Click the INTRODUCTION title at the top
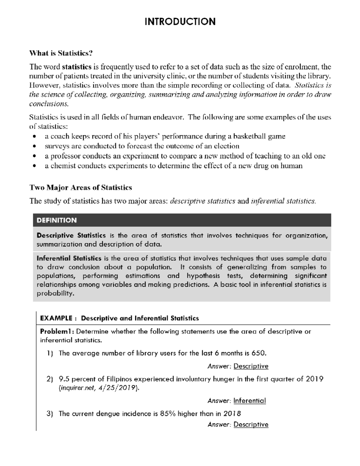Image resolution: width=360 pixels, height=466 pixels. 180,22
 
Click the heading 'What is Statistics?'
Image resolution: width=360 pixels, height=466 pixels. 61,53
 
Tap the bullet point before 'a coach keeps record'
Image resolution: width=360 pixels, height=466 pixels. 35,137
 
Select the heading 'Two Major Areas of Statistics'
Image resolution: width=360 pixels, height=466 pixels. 81,188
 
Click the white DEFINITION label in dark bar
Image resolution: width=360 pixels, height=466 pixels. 57,220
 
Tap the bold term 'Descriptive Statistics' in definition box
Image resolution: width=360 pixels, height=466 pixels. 71,236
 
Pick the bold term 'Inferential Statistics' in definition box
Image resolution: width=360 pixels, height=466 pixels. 69,258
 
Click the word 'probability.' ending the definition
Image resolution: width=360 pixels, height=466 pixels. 55,293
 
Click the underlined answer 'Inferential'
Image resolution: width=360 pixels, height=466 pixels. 250,401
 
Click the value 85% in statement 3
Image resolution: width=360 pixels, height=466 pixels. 168,414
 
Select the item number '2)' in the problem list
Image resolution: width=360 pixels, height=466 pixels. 50,379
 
